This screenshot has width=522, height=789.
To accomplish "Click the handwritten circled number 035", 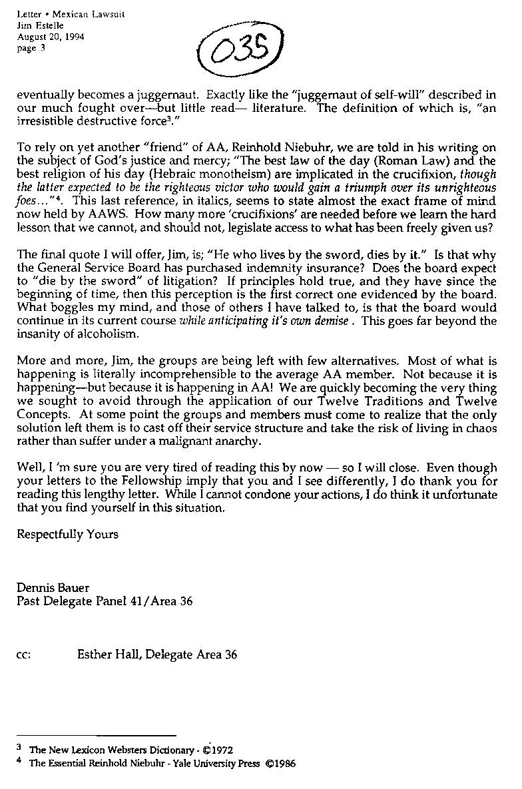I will pyautogui.click(x=237, y=51).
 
